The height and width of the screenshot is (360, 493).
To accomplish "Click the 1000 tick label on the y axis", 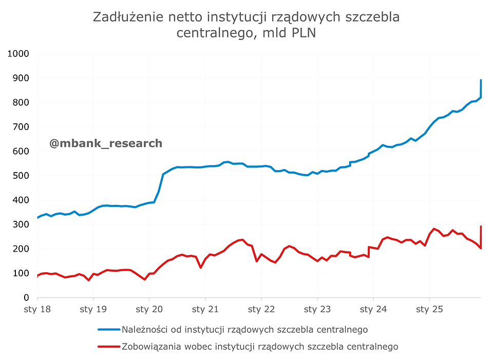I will pyautogui.click(x=18, y=53).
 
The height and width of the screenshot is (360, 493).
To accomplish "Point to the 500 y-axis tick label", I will pyautogui.click(x=21, y=176).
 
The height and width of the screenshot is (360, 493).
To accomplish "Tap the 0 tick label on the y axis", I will pyautogui.click(x=26, y=298).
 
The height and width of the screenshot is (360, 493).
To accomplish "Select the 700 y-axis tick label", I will pyautogui.click(x=21, y=127).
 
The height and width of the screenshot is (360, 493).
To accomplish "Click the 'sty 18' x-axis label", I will pyautogui.click(x=37, y=310).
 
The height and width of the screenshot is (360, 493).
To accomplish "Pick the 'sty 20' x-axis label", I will pyautogui.click(x=149, y=310).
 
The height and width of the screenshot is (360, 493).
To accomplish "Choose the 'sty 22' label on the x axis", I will pyautogui.click(x=261, y=310).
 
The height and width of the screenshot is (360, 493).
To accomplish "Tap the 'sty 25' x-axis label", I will pyautogui.click(x=429, y=310).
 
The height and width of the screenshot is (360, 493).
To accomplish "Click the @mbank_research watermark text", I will pyautogui.click(x=106, y=143).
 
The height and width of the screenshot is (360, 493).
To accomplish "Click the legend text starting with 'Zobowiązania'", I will pyautogui.click(x=259, y=347).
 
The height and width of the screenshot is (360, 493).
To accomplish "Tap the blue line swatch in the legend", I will pyautogui.click(x=108, y=329).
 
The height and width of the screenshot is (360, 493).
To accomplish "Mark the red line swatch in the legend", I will pyautogui.click(x=108, y=347).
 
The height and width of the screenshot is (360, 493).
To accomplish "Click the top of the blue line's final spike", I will pyautogui.click(x=481, y=80).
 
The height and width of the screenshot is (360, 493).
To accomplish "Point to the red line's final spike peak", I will pyautogui.click(x=481, y=226).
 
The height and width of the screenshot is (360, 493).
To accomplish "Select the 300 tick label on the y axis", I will pyautogui.click(x=21, y=224).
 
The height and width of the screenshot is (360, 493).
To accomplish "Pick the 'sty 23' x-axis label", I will pyautogui.click(x=317, y=310).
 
